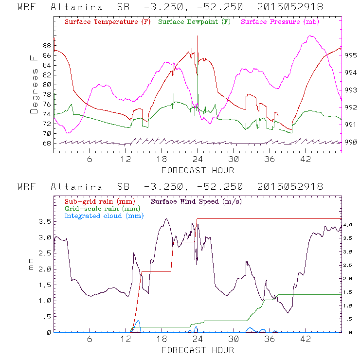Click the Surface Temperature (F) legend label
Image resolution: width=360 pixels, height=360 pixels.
pyautogui.click(x=108, y=22)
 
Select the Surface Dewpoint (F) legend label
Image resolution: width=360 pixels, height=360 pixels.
pyautogui.click(x=195, y=22)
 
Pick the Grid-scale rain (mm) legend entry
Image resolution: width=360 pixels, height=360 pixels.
pyautogui.click(x=101, y=208)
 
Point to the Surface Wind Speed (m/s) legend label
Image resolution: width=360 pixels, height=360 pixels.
pyautogui.click(x=197, y=201)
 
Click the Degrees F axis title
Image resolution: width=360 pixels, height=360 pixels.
pyautogui.click(x=34, y=84)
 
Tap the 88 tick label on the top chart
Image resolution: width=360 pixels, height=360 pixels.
pyautogui.click(x=47, y=46)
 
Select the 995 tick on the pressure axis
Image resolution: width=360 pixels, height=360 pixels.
pyautogui.click(x=351, y=55)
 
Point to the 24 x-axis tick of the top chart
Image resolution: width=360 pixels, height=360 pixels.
pyautogui.click(x=198, y=159)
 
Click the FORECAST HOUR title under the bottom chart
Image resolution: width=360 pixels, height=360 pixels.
pyautogui.click(x=198, y=350)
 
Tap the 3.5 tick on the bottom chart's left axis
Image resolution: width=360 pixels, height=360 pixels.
pyautogui.click(x=45, y=221)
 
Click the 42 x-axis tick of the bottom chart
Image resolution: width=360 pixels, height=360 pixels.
pyautogui.click(x=306, y=339)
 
